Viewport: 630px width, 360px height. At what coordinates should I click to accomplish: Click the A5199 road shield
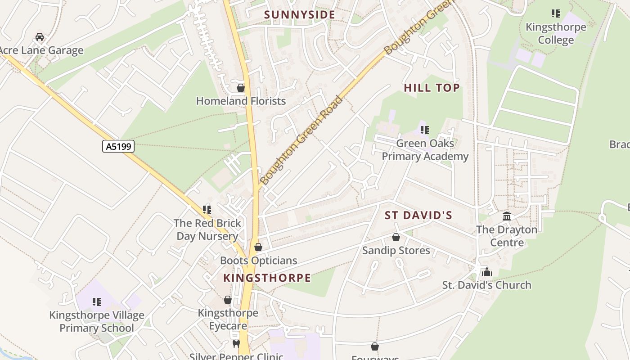118,146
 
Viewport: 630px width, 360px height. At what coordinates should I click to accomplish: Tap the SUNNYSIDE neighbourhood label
300,15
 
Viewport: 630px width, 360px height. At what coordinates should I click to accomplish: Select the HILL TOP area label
432,88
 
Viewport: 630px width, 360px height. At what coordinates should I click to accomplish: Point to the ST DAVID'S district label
418,215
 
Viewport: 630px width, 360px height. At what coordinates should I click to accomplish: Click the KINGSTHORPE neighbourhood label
267,278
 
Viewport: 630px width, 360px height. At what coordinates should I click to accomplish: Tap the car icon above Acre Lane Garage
40,37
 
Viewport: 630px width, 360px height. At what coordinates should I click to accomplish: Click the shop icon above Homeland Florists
241,88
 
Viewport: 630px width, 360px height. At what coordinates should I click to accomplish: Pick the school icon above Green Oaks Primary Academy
424,130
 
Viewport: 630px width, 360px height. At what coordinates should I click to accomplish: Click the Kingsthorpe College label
556,33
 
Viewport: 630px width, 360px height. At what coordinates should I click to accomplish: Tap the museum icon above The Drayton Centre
507,216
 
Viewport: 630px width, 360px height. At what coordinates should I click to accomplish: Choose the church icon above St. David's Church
486,272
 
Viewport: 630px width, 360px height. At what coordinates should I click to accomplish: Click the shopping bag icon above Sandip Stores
396,237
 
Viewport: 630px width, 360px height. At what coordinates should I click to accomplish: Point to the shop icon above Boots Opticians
258,247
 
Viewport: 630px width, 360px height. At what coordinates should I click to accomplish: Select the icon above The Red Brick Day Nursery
207,209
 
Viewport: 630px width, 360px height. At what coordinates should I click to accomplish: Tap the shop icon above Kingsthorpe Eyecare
228,300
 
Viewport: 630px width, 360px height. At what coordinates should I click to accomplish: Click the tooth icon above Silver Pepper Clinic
236,344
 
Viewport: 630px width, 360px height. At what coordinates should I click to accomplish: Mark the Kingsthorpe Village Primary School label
97,321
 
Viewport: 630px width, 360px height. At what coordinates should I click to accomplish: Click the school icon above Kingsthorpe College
556,13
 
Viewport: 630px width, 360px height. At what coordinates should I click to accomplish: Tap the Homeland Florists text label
241,101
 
